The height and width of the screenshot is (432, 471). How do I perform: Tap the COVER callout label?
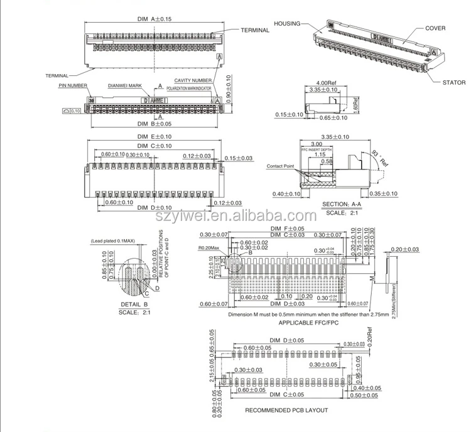(435, 28)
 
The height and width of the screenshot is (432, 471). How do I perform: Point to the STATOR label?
(454, 82)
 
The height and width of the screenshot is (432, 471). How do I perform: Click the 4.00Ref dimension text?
(326, 83)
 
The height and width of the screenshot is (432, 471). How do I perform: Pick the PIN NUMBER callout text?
(73, 84)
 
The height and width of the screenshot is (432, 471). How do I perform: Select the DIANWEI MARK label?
(125, 84)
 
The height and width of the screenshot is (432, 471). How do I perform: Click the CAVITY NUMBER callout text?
(193, 80)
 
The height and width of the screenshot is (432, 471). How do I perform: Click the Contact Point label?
(281, 166)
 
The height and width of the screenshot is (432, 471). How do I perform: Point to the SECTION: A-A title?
(344, 204)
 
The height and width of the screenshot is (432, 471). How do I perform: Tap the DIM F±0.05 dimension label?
(287, 229)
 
